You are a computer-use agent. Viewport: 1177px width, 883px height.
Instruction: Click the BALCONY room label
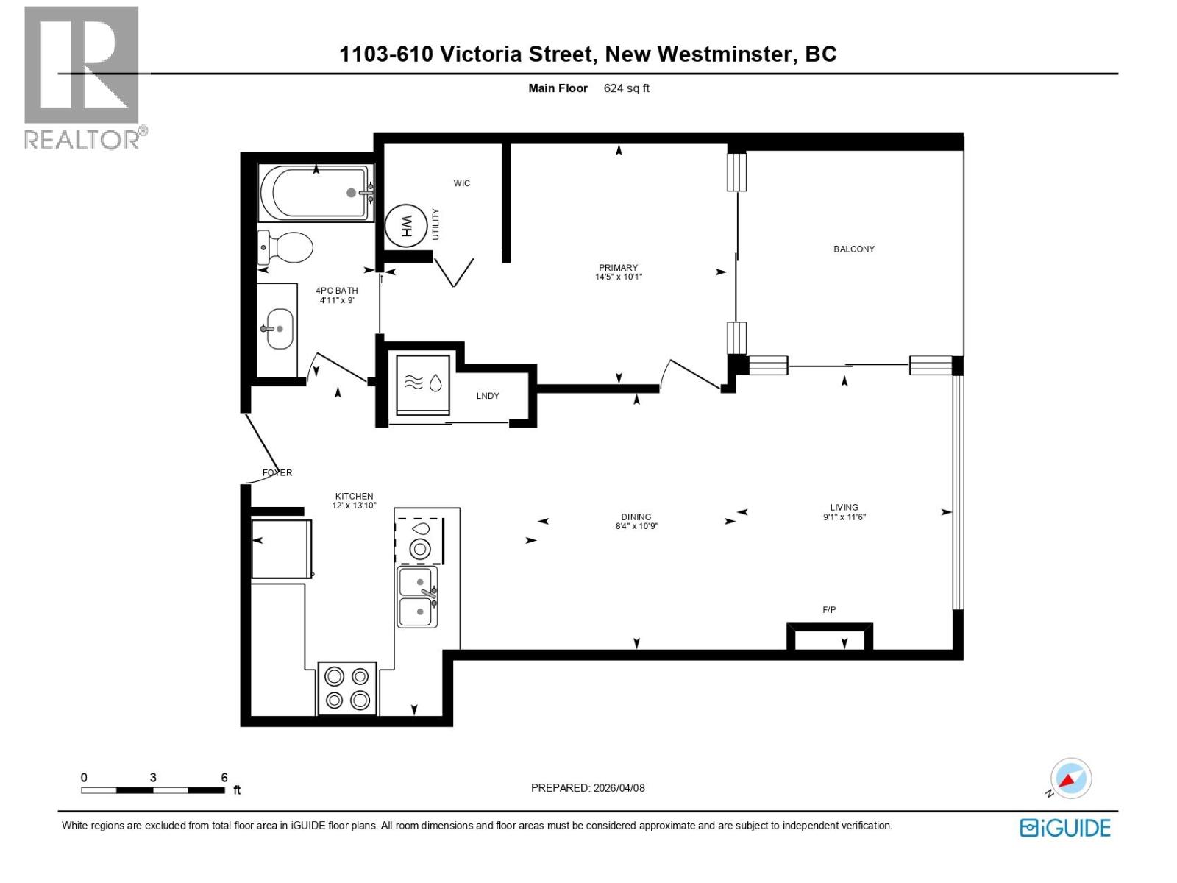coord(853,249)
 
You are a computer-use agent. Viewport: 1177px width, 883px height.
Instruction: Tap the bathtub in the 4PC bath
coord(313,193)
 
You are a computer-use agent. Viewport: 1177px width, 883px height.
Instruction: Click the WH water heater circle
coord(405,224)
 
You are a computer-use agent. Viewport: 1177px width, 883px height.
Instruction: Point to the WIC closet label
coord(461,183)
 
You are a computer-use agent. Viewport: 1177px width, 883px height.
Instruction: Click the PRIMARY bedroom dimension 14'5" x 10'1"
coord(618,277)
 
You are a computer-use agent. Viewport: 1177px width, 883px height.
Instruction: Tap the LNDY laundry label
coord(487,396)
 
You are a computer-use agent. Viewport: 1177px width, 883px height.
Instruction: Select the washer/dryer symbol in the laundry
coord(423,384)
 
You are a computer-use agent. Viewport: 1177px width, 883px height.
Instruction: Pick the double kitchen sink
coord(417,596)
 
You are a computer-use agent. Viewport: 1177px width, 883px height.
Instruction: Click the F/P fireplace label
coord(829,610)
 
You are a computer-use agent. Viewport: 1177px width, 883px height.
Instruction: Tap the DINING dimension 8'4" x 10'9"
coord(636,527)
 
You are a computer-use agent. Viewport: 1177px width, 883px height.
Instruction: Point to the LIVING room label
coord(844,507)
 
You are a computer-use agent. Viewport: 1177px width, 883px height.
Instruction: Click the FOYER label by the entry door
coord(277,473)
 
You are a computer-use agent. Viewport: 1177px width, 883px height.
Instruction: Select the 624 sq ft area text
coord(626,88)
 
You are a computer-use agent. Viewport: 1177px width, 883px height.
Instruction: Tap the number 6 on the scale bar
coord(224,778)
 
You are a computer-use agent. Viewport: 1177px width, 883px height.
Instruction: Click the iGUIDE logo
coord(1065,828)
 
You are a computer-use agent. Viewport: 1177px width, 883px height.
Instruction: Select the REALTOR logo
coord(82,77)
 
